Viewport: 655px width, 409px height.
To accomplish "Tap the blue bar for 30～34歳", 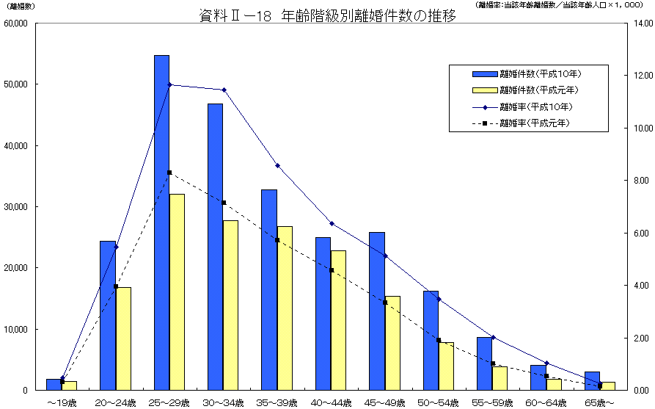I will [215, 247].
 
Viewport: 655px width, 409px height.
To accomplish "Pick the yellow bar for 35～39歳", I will [285, 308].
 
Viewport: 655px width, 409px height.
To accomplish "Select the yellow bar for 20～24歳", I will [123, 339].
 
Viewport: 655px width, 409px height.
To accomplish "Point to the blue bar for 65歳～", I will [592, 380].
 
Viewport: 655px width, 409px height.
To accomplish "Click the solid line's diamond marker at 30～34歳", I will [224, 90].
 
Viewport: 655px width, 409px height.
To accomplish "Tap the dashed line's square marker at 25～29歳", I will [169, 173].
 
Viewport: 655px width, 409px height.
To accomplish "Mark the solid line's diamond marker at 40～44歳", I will [332, 223].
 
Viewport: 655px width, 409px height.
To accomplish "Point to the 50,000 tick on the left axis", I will [15, 84].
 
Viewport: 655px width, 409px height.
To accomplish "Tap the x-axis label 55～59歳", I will [491, 402].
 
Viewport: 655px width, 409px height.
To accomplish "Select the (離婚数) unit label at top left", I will [20, 6].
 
